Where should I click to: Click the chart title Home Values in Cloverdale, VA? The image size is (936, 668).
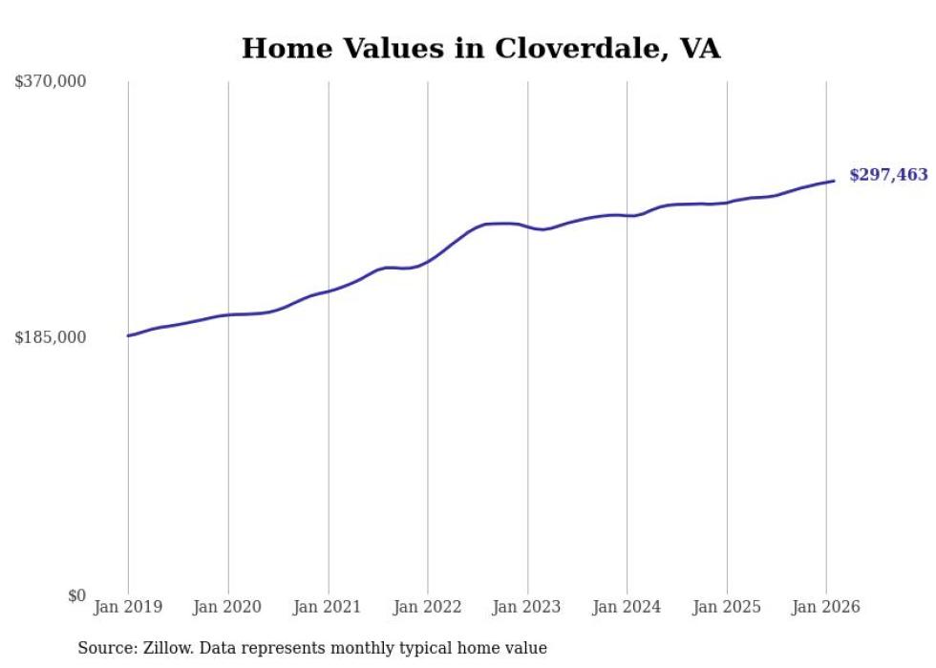coord(480,48)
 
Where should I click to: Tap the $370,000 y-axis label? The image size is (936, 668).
coord(50,81)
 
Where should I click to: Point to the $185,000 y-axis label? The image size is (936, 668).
coord(50,337)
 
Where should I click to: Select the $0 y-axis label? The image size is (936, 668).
coord(76,595)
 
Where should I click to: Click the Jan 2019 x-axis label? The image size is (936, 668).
coord(128,607)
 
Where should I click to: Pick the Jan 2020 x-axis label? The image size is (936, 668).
coord(227,607)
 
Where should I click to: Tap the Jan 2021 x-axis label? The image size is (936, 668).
coord(328,607)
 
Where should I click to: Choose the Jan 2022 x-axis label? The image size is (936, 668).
coord(427,607)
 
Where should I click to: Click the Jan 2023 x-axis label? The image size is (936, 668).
coord(527,607)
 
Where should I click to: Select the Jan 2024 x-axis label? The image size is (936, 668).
coord(627,607)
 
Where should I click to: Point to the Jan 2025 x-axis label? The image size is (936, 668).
coord(727,607)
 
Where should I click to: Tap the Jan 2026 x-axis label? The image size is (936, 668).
coord(826,607)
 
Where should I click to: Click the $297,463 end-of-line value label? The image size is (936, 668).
coord(888,175)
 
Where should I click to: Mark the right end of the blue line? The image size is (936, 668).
coord(834,181)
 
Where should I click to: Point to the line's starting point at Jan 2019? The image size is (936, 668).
coord(128,335)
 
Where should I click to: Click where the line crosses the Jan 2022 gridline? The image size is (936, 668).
coord(428,259)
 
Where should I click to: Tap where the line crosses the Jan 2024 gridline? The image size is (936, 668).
coord(628,216)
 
